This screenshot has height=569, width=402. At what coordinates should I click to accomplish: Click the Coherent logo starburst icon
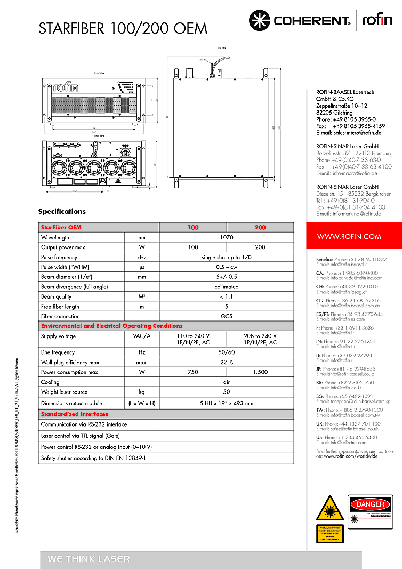tap(260, 20)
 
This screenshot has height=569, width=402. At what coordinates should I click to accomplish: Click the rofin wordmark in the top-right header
tap(377, 20)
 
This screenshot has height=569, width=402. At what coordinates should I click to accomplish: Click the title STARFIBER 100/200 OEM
tap(123, 28)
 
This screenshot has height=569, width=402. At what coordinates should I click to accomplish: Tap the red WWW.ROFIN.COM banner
tap(349, 236)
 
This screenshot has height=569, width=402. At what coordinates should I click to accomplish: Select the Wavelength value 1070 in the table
tap(227, 237)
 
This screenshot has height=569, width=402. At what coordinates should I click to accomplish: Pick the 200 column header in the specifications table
tap(260, 227)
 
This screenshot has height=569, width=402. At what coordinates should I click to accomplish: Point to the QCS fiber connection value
tap(227, 316)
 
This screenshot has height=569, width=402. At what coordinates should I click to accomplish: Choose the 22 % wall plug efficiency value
tap(227, 362)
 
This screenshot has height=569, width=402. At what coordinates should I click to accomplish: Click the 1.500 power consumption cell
tap(260, 372)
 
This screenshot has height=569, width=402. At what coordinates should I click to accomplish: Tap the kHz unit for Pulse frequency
tap(142, 257)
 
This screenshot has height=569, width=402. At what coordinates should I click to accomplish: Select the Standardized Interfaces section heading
tap(75, 414)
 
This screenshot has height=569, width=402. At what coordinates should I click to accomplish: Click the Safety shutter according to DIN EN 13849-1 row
tap(94, 458)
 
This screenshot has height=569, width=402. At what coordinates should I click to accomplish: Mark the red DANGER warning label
tap(369, 504)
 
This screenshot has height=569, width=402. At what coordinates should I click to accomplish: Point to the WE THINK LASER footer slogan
tap(89, 559)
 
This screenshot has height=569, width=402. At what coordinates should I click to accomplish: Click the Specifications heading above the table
tap(62, 211)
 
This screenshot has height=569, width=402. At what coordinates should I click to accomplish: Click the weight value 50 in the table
tap(227, 392)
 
